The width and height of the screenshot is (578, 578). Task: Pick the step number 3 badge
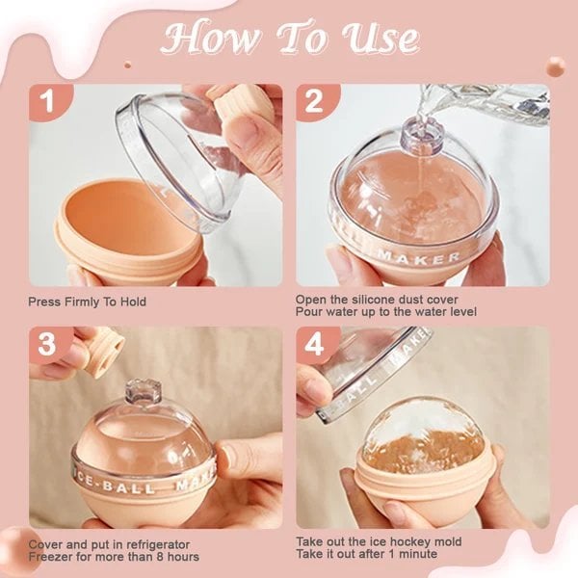point(45,343)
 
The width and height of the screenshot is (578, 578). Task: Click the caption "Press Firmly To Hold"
point(88,302)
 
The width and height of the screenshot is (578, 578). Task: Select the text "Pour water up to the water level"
point(384,313)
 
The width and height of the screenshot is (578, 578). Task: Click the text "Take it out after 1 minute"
point(366,556)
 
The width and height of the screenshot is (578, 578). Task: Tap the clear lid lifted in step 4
point(376,371)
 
